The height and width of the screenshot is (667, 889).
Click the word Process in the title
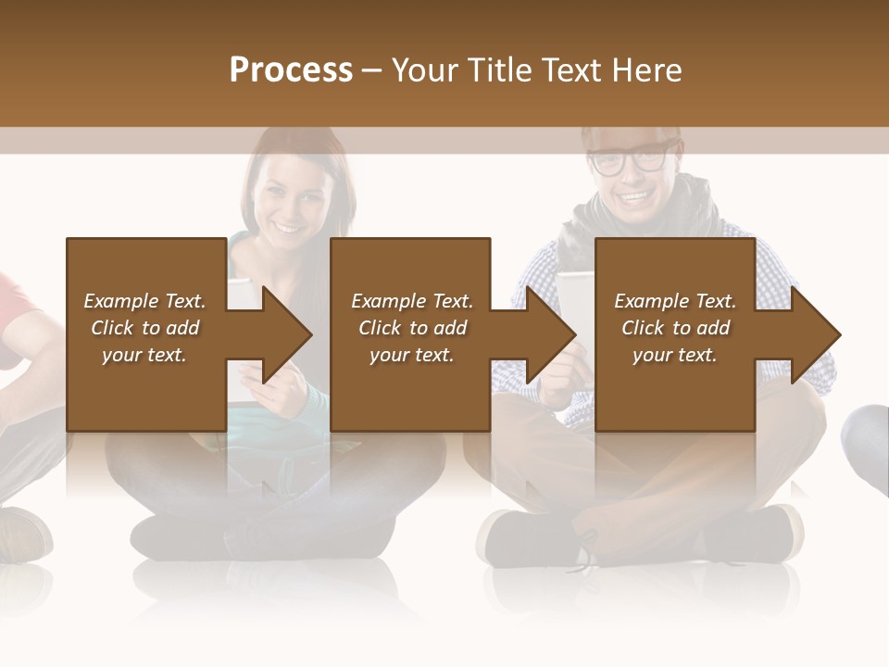(x=291, y=70)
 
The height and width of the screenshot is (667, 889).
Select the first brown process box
(x=145, y=269)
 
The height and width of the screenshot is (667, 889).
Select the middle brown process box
(x=410, y=269)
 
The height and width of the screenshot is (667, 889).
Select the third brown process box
(x=674, y=269)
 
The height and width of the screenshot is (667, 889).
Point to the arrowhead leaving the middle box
(x=550, y=334)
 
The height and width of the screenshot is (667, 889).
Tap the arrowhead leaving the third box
(x=815, y=334)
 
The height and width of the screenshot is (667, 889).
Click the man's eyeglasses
(x=629, y=160)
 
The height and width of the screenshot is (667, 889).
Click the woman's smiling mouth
(x=288, y=228)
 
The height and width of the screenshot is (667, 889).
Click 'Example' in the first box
(x=119, y=301)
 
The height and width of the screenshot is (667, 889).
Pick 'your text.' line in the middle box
(x=411, y=355)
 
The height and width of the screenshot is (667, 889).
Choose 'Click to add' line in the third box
(x=675, y=328)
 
